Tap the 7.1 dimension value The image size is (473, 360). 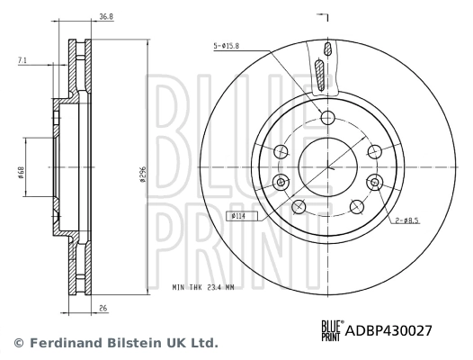tap(22, 61)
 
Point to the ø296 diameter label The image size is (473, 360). tap(143, 177)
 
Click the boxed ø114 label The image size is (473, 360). tap(239, 215)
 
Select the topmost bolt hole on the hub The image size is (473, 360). tap(327, 116)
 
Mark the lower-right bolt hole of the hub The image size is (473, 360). tap(357, 206)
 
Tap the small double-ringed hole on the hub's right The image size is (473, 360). tap(373, 182)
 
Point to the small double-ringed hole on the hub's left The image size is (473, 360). tap(281, 182)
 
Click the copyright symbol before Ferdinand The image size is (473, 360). tap(18, 344)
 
